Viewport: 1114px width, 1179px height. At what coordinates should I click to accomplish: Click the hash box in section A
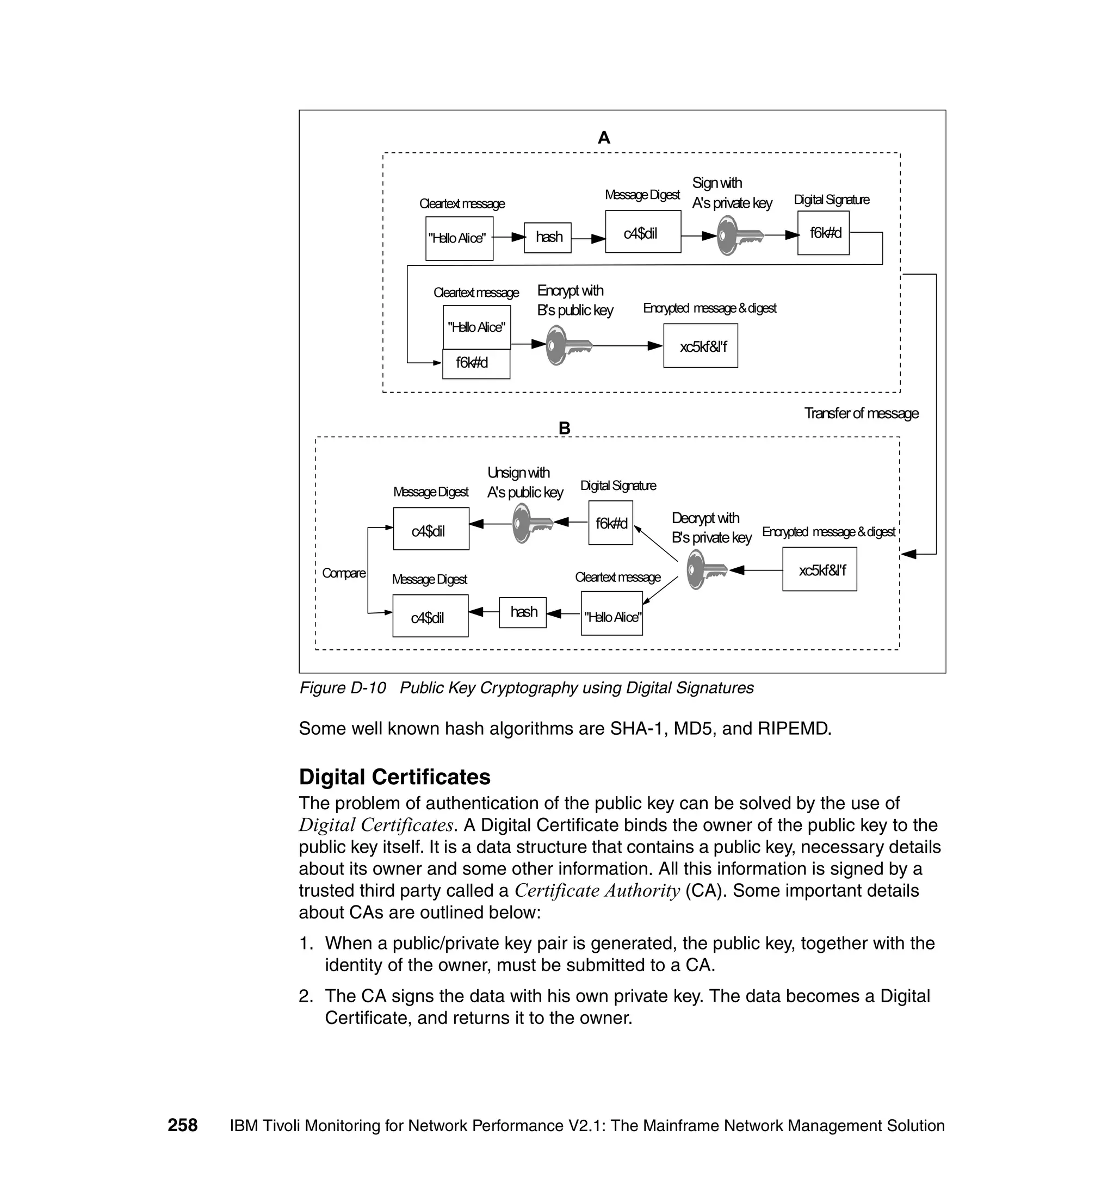coord(548,238)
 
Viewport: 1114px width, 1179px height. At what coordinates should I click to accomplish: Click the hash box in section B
coord(523,612)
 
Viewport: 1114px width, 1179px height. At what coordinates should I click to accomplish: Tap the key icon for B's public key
coord(568,345)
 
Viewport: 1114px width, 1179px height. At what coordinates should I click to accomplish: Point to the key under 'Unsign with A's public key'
coord(532,523)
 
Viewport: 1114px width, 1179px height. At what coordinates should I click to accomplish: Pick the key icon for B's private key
coord(705,569)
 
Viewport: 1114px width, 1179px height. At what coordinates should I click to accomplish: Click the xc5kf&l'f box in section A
coord(701,345)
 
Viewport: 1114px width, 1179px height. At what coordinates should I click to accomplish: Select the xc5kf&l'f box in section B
coord(820,569)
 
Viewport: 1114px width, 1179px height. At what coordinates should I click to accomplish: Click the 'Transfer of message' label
coord(861,413)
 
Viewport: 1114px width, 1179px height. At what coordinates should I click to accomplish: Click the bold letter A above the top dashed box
coord(604,138)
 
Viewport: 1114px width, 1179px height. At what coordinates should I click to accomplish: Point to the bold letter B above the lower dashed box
coord(565,428)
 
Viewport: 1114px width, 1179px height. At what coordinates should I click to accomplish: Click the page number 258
coord(182,1125)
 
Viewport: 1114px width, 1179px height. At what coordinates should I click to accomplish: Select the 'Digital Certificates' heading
coord(394,777)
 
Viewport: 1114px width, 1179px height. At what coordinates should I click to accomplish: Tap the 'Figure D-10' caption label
coord(343,687)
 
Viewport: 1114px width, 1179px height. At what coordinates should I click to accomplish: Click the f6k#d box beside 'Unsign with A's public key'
coord(610,523)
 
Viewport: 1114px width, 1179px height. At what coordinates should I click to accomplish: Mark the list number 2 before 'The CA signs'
coord(305,996)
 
